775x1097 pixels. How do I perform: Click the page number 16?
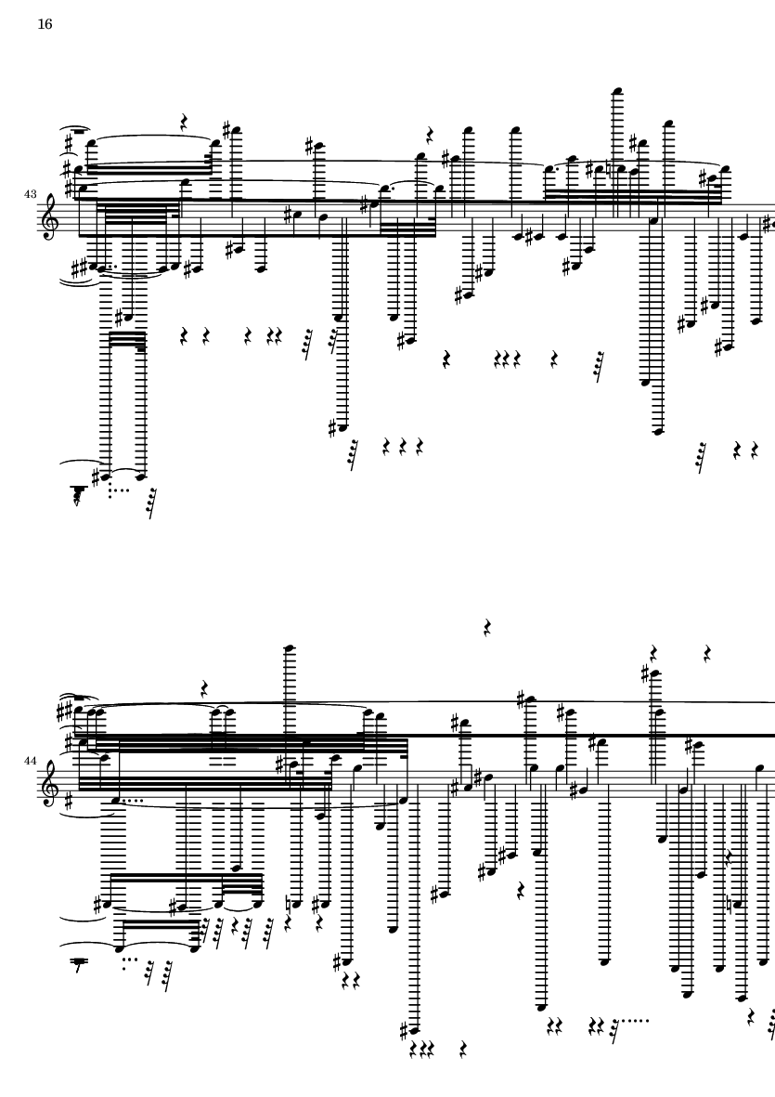pyautogui.click(x=45, y=24)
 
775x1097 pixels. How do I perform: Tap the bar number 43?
pyautogui.click(x=31, y=194)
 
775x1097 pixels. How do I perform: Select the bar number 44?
pyautogui.click(x=31, y=760)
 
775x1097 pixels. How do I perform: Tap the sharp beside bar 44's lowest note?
pyautogui.click(x=405, y=1029)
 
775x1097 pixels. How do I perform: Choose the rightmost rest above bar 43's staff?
pyautogui.click(x=430, y=135)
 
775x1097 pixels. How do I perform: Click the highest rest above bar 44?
pyautogui.click(x=487, y=629)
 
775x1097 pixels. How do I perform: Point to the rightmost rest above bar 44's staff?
pyautogui.click(x=707, y=653)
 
